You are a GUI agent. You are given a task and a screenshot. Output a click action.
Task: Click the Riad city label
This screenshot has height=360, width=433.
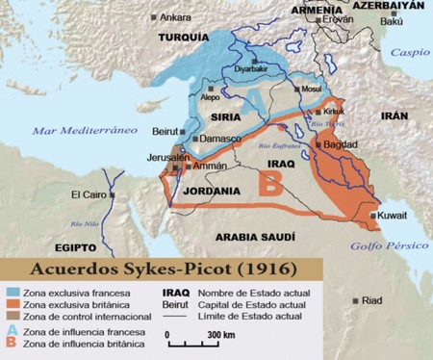click(x=371, y=300)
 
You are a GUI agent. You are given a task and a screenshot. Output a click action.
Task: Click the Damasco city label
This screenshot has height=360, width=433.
click(x=220, y=139)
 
